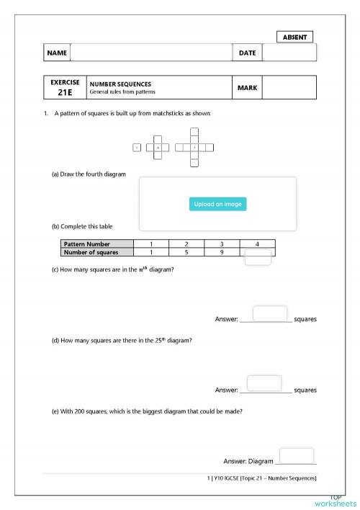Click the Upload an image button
(217, 204)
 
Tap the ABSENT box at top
(294, 37)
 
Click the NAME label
(57, 53)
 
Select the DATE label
(247, 53)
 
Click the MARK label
(247, 88)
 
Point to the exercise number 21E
(65, 92)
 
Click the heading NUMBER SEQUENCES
(120, 84)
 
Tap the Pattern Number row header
(96, 244)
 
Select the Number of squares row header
(96, 252)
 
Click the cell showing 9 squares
(222, 252)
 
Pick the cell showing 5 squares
(186, 252)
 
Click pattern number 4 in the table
(257, 244)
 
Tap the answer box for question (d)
(264, 383)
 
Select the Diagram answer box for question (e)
(296, 455)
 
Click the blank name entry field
(150, 53)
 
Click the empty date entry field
(289, 53)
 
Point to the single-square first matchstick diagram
(137, 148)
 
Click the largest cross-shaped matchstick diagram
(194, 148)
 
